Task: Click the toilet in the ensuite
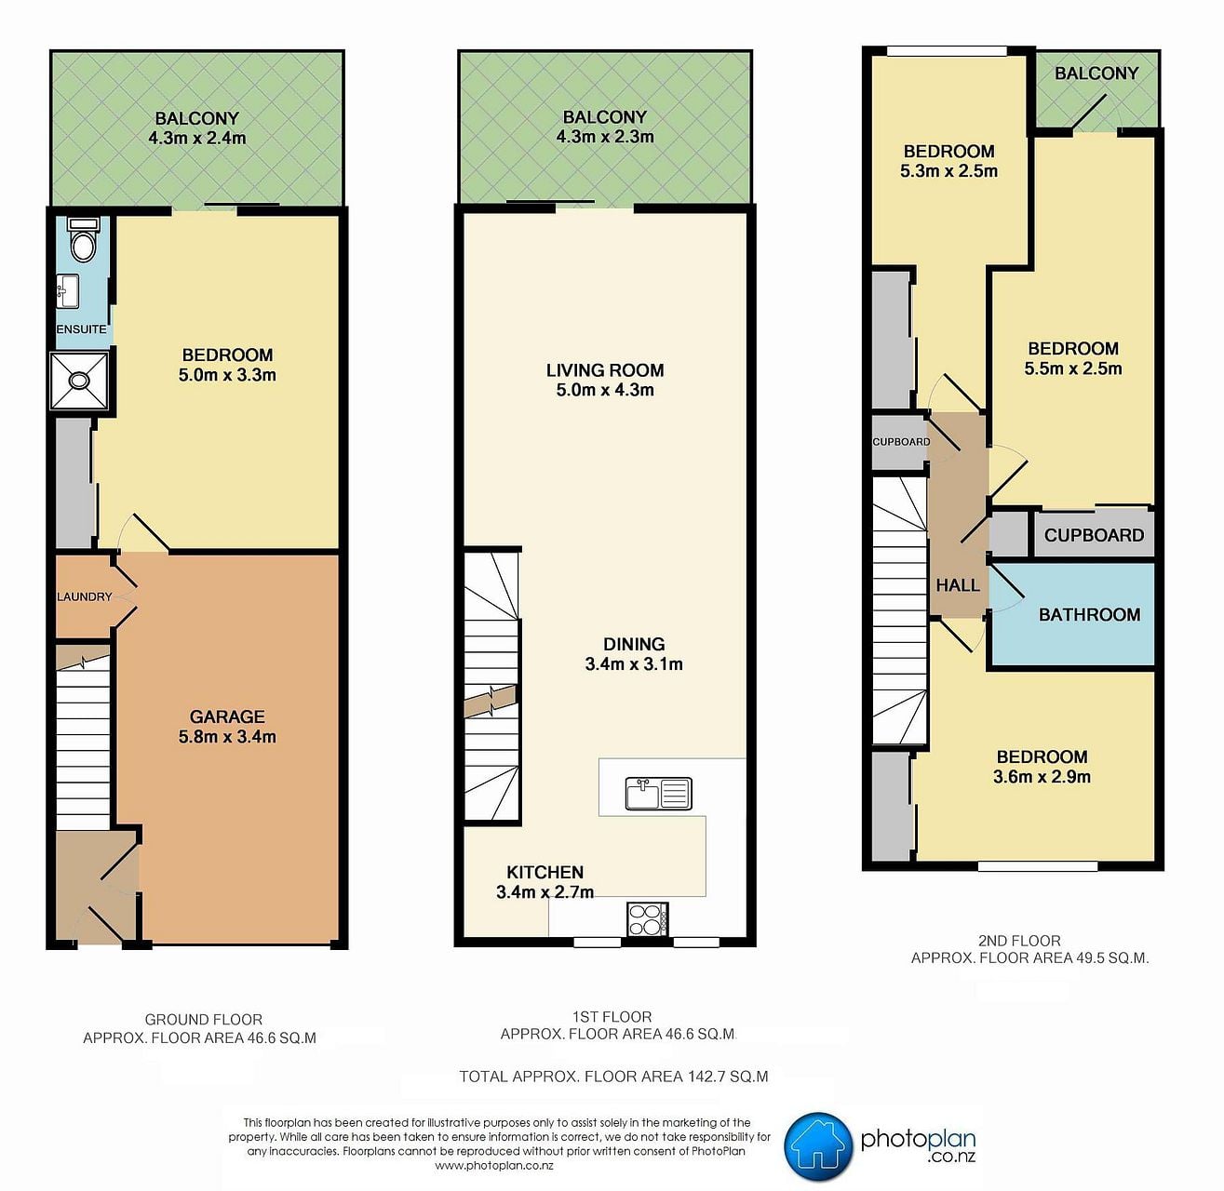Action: [83, 239]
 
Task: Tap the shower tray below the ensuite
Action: [80, 381]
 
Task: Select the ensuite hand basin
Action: [68, 291]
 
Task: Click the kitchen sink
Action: [659, 793]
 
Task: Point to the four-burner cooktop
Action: [648, 919]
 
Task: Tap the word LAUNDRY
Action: [85, 596]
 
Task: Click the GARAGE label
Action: [227, 716]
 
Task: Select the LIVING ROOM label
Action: [605, 369]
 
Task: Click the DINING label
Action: [634, 644]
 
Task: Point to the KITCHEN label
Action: [545, 872]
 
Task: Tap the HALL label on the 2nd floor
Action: [957, 585]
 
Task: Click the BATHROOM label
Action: [1089, 614]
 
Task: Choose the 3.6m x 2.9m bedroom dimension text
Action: [1042, 777]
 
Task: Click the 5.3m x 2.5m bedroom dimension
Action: [949, 171]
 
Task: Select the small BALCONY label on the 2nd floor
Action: [1096, 74]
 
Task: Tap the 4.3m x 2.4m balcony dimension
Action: [197, 138]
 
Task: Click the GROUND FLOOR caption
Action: [203, 1020]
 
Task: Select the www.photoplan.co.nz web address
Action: [493, 1166]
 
